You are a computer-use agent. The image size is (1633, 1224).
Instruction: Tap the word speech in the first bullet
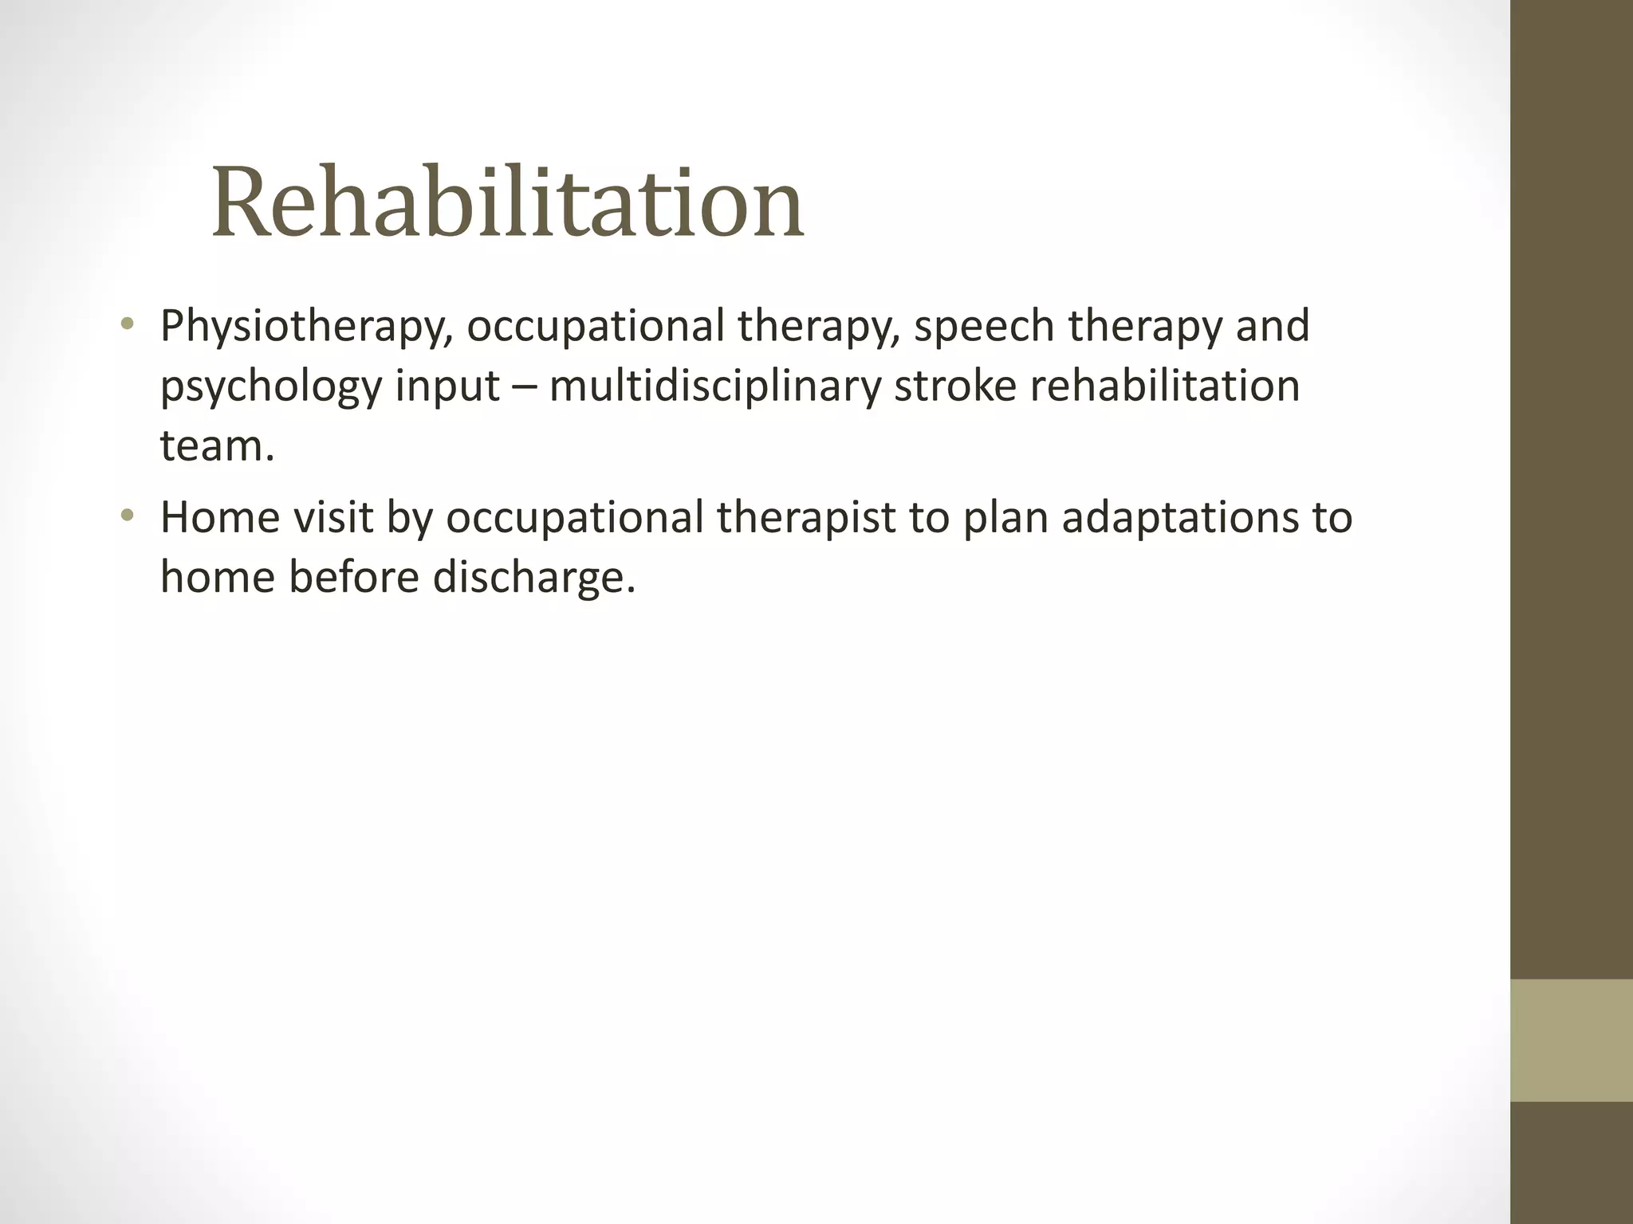pyautogui.click(x=984, y=327)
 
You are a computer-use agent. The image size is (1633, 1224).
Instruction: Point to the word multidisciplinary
pyautogui.click(x=715, y=386)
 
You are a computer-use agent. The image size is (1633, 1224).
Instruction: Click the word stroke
pyautogui.click(x=955, y=386)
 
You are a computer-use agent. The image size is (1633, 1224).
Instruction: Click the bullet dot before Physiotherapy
pyautogui.click(x=127, y=324)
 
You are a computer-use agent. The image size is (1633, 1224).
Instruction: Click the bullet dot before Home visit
pyautogui.click(x=127, y=516)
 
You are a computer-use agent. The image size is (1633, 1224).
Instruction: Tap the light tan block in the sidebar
pyautogui.click(x=1571, y=1040)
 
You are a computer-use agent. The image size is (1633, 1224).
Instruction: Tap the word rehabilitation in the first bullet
pyautogui.click(x=1165, y=386)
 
